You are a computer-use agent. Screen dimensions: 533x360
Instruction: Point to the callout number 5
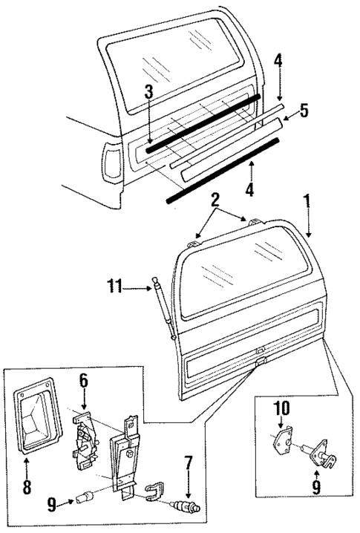304,111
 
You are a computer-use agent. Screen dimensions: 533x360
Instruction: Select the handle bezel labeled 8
34,419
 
